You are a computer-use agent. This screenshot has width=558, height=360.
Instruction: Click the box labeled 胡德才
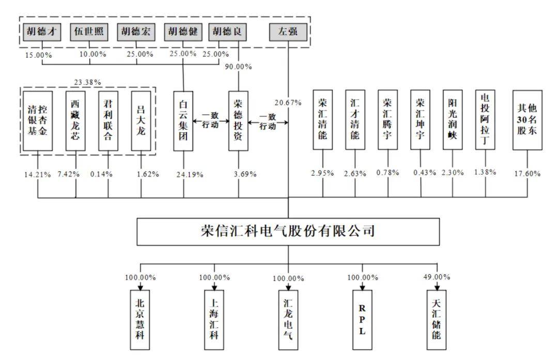42,32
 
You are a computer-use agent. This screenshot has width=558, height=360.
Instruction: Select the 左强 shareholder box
288,32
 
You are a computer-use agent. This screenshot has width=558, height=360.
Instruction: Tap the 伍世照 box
89,32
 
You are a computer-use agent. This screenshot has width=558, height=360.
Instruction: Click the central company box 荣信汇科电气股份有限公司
288,231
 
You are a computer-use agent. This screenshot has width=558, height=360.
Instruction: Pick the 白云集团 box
183,121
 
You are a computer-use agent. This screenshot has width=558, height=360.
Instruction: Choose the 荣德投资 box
238,121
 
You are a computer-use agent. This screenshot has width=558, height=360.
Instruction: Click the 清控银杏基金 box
38,121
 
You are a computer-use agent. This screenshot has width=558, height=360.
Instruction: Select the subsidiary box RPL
362,320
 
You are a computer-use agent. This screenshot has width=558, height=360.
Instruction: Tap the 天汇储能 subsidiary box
437,320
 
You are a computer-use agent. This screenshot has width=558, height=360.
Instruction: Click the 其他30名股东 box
528,120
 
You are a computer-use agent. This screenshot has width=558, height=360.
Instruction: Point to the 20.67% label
288,103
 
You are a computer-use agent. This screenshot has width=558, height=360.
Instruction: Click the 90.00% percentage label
238,67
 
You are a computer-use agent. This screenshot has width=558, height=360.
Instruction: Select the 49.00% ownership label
437,277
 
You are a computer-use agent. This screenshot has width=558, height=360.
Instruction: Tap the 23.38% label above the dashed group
87,83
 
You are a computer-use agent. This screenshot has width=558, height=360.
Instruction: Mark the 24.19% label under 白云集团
190,175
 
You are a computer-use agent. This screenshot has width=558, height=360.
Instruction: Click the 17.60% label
528,174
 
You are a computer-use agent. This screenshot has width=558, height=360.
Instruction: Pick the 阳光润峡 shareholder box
453,120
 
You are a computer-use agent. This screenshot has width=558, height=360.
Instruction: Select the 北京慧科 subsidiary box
140,320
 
